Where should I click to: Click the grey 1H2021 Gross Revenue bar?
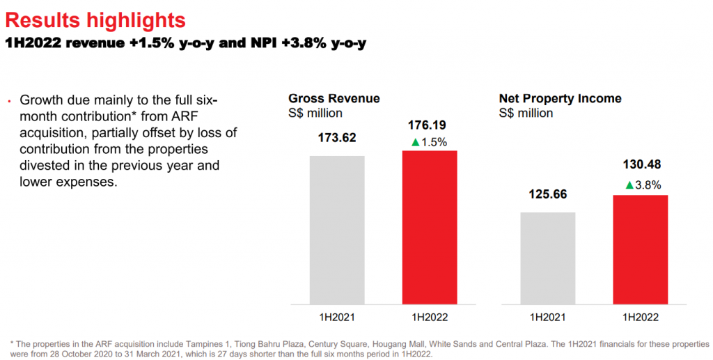click(x=337, y=230)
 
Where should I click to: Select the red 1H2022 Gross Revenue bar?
click(x=430, y=227)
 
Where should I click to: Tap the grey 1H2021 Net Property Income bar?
click(x=547, y=258)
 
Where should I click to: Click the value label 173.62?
click(x=337, y=138)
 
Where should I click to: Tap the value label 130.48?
click(x=640, y=165)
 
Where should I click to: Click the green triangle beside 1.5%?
click(x=416, y=143)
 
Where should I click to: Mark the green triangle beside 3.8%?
click(x=629, y=185)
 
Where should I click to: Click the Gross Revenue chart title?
click(x=334, y=99)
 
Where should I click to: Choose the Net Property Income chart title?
click(x=560, y=99)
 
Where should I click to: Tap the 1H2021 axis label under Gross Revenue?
click(x=337, y=317)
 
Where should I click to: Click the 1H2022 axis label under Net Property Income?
click(x=640, y=317)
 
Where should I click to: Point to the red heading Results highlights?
click(x=95, y=19)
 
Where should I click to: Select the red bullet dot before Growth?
click(x=9, y=101)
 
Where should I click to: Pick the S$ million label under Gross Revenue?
click(x=315, y=113)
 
